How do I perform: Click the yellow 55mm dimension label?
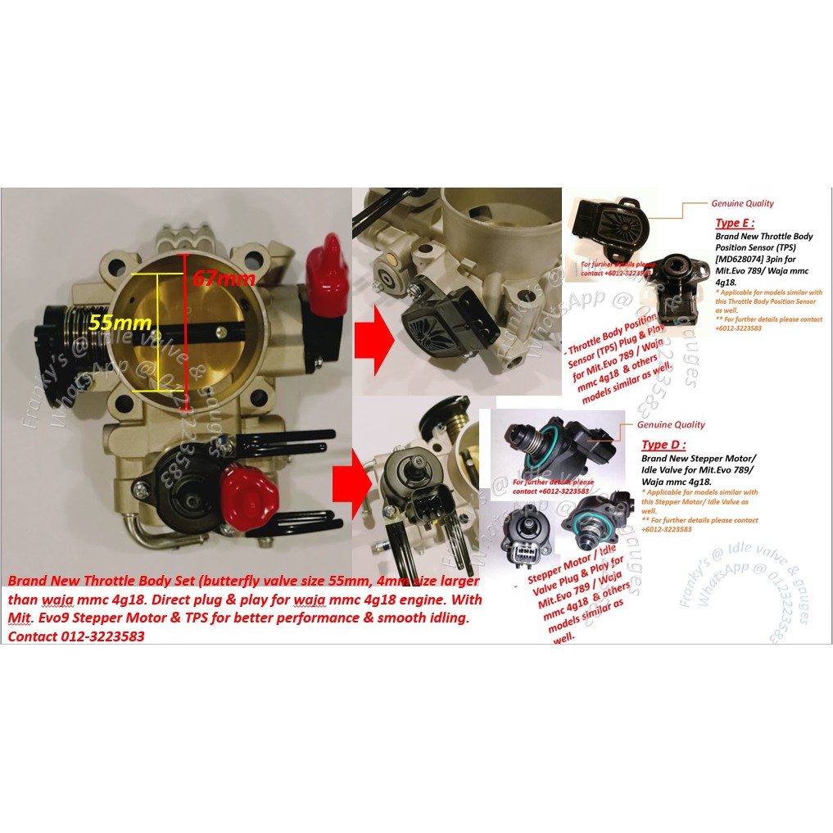tap(111, 323)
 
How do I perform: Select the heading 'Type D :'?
tap(664, 444)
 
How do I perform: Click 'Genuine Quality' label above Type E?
tap(742, 203)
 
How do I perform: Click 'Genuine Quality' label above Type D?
tap(671, 424)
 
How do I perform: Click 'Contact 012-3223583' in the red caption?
tap(76, 636)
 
